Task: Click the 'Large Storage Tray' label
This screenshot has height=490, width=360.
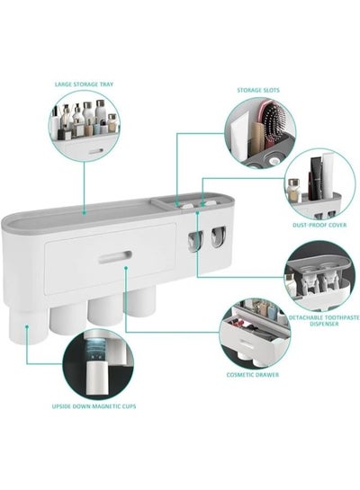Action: click(84, 85)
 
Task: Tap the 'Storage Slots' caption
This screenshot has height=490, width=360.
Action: click(258, 90)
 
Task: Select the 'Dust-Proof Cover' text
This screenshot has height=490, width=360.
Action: click(319, 225)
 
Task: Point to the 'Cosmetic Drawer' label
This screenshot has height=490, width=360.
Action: click(253, 375)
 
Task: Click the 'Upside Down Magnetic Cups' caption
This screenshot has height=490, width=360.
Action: click(94, 406)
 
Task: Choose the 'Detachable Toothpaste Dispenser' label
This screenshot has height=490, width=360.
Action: click(324, 321)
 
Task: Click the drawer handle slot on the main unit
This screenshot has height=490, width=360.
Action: click(115, 256)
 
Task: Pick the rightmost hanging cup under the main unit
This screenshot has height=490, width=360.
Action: click(139, 302)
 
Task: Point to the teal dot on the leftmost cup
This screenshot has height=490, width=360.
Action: click(27, 326)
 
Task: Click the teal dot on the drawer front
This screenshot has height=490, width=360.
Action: click(126, 268)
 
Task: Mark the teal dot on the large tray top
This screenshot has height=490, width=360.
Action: click(84, 213)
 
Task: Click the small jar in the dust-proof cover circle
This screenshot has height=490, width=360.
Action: click(294, 191)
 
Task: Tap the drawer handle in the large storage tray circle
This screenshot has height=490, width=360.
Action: click(95, 152)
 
